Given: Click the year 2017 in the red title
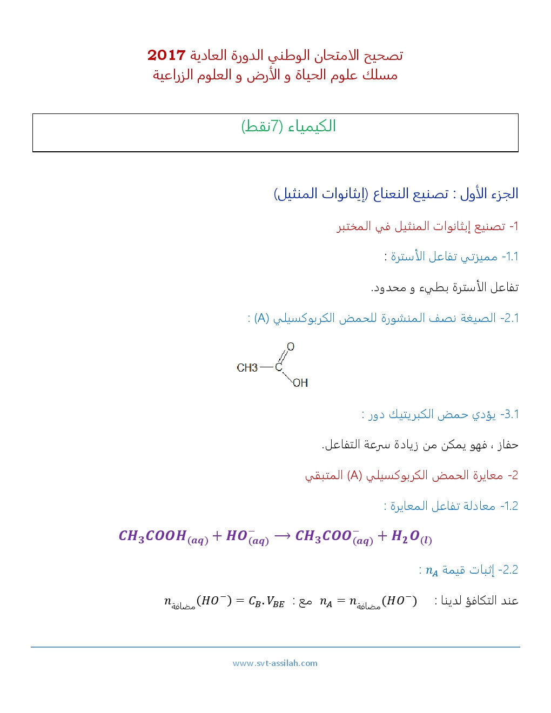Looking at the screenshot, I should coord(166,55).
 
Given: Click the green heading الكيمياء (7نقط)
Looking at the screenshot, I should coord(288,126).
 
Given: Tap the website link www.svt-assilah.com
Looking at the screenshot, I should coord(275,663).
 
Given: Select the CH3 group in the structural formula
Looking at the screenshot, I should coord(247,368).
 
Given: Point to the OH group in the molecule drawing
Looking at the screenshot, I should coord(300,383).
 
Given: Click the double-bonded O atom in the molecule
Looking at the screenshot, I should coord(291,347).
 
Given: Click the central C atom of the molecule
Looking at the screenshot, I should coord(279,367).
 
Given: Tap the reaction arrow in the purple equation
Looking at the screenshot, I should coord(282,536).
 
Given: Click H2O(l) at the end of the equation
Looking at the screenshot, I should coord(411,536).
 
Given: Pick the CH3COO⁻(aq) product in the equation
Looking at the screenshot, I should coord(334,536).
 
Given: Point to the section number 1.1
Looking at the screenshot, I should coord(510,257).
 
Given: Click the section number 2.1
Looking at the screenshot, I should coord(510,318).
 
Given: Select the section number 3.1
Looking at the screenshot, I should coord(510,414).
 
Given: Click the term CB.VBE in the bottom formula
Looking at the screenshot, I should coord(266,601).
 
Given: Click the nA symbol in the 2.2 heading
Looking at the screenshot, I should coord(432,571).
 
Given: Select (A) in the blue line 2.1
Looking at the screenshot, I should coord(262,318).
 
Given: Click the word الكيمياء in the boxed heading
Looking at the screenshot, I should coord(312,126).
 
